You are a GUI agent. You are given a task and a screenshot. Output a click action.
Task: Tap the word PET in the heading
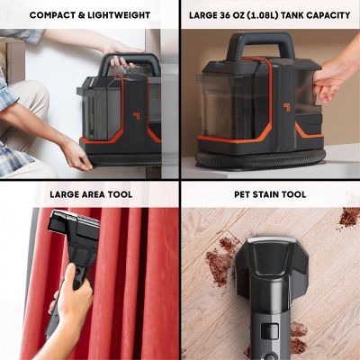click(x=242, y=194)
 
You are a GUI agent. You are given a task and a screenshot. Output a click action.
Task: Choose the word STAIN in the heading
click(x=265, y=194)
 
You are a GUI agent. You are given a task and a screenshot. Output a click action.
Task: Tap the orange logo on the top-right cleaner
click(x=286, y=107)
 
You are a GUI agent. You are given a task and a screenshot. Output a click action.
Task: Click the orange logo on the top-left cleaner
click(x=137, y=116)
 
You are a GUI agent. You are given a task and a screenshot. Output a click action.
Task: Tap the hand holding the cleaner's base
click(x=77, y=157)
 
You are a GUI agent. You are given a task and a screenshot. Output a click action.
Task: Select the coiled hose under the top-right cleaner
click(x=260, y=157)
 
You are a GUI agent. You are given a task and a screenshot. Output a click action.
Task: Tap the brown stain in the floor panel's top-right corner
click(x=349, y=218)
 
